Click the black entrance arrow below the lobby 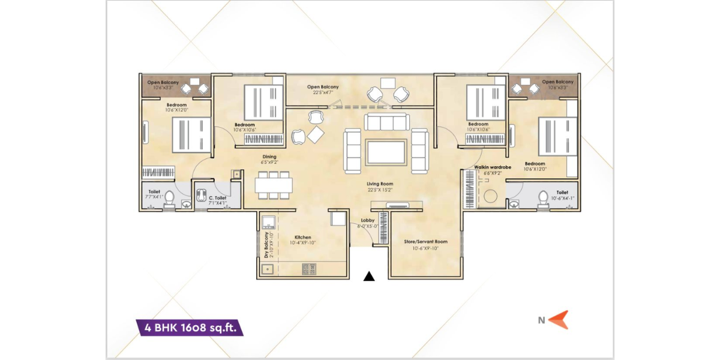click(370, 276)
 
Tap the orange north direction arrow click(559, 320)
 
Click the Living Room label click(380, 187)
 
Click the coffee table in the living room click(387, 152)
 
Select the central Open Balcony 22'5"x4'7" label click(323, 89)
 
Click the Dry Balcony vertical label click(266, 245)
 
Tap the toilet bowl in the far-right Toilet click(544, 198)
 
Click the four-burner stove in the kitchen click(308, 271)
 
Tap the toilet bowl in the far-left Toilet click(169, 198)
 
